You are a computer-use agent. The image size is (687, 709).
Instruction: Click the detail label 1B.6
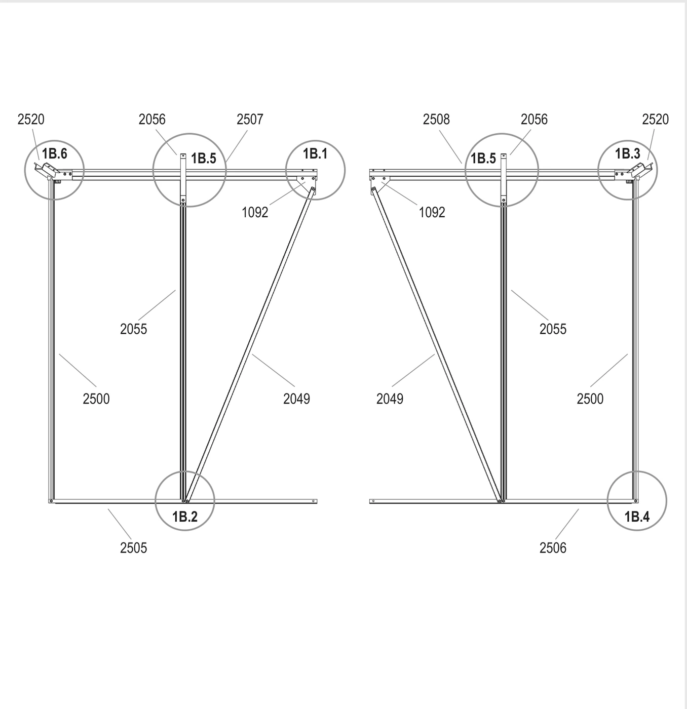[54, 154]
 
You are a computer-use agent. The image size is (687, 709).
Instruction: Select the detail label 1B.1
[315, 154]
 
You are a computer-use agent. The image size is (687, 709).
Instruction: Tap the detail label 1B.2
[185, 517]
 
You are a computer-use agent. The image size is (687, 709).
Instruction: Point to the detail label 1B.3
[628, 154]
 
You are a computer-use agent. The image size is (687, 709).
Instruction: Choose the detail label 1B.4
[637, 517]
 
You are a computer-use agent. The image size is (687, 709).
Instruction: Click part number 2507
[250, 120]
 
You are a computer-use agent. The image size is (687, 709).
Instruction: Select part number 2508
[436, 120]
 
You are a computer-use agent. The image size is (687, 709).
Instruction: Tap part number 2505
[133, 548]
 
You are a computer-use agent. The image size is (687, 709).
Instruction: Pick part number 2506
[553, 548]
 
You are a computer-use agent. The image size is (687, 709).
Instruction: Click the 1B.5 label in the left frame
[204, 159]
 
